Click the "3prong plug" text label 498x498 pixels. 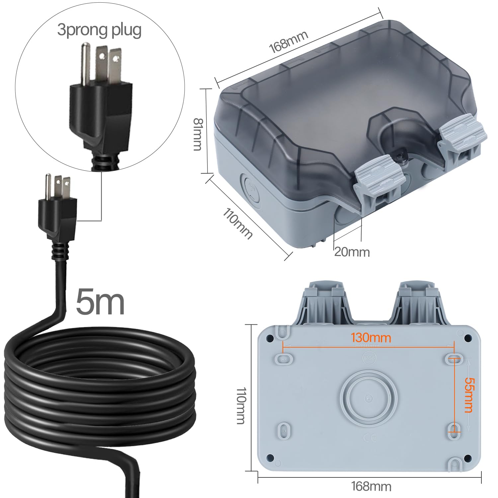point(99,30)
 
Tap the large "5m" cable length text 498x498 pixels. point(100,302)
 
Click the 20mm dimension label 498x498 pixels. point(352,252)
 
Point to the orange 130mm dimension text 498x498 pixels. point(371,338)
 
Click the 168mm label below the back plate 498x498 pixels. point(371,487)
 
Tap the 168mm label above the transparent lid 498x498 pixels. point(288,42)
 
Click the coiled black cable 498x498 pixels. point(100,385)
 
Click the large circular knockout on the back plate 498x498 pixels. point(368,398)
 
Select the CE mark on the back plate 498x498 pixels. point(369,438)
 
